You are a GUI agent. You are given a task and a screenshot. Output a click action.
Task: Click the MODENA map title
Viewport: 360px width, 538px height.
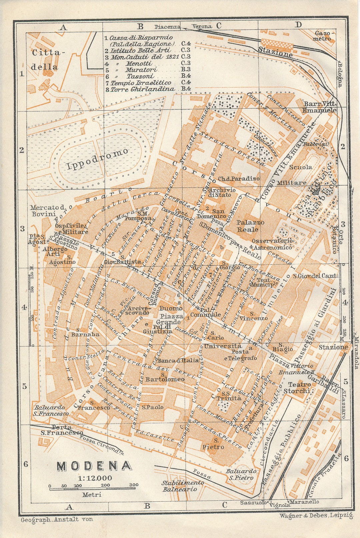coord(94,466)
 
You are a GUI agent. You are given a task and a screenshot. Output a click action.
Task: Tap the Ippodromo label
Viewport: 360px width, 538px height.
coord(98,159)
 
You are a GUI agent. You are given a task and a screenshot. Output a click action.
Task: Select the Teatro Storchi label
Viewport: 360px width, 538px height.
coord(297,387)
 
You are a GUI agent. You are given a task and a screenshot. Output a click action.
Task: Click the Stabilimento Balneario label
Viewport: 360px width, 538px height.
coord(183,486)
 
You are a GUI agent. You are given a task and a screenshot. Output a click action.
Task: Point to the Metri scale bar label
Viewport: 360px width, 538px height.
coord(92,495)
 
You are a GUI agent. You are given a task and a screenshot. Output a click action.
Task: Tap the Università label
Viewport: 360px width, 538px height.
coord(223,346)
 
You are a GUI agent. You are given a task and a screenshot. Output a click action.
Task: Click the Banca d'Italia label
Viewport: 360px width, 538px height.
coord(178,360)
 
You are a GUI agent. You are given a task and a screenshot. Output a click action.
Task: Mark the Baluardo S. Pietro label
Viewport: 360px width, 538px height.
coord(241,474)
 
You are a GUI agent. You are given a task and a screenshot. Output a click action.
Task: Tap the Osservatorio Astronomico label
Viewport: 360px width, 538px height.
coord(272,244)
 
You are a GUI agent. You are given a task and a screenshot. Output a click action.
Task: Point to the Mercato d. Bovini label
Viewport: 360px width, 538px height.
coord(49,211)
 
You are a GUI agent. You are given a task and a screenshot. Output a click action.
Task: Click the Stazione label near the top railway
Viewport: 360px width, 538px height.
coord(275,52)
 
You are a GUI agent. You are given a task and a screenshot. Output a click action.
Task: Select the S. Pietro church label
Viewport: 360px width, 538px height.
coord(213,444)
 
